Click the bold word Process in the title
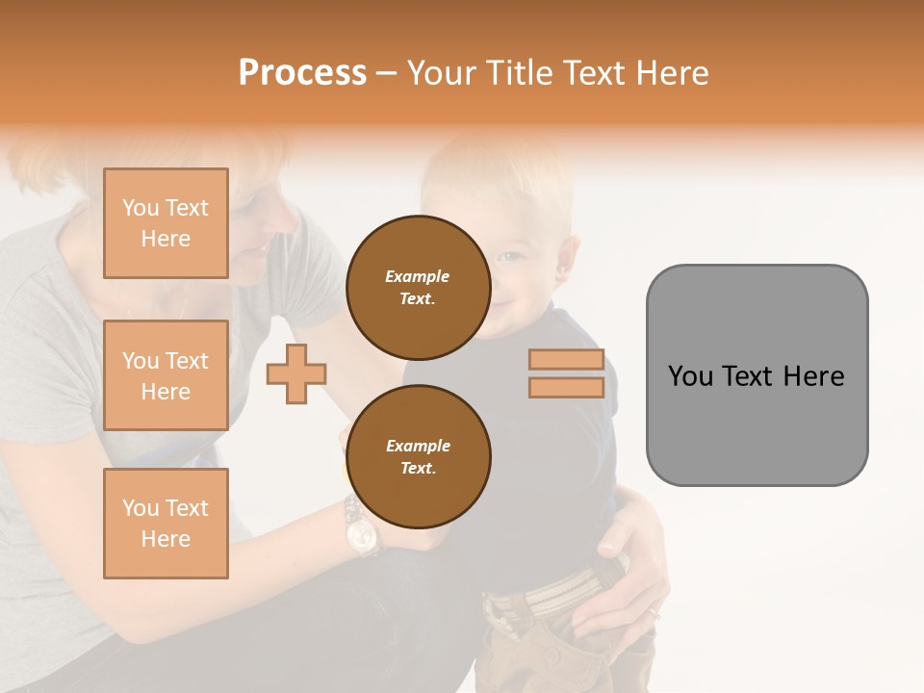[x=302, y=73]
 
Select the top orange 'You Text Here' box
[x=166, y=223]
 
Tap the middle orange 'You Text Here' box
[x=166, y=375]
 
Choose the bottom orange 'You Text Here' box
[x=166, y=524]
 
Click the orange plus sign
[x=296, y=373]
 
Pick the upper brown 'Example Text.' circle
[x=418, y=288]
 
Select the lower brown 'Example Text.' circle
[x=418, y=457]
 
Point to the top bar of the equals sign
[x=566, y=360]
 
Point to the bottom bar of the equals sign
[x=566, y=388]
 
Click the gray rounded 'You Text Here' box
[x=757, y=375]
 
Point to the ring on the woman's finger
[x=654, y=612]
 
